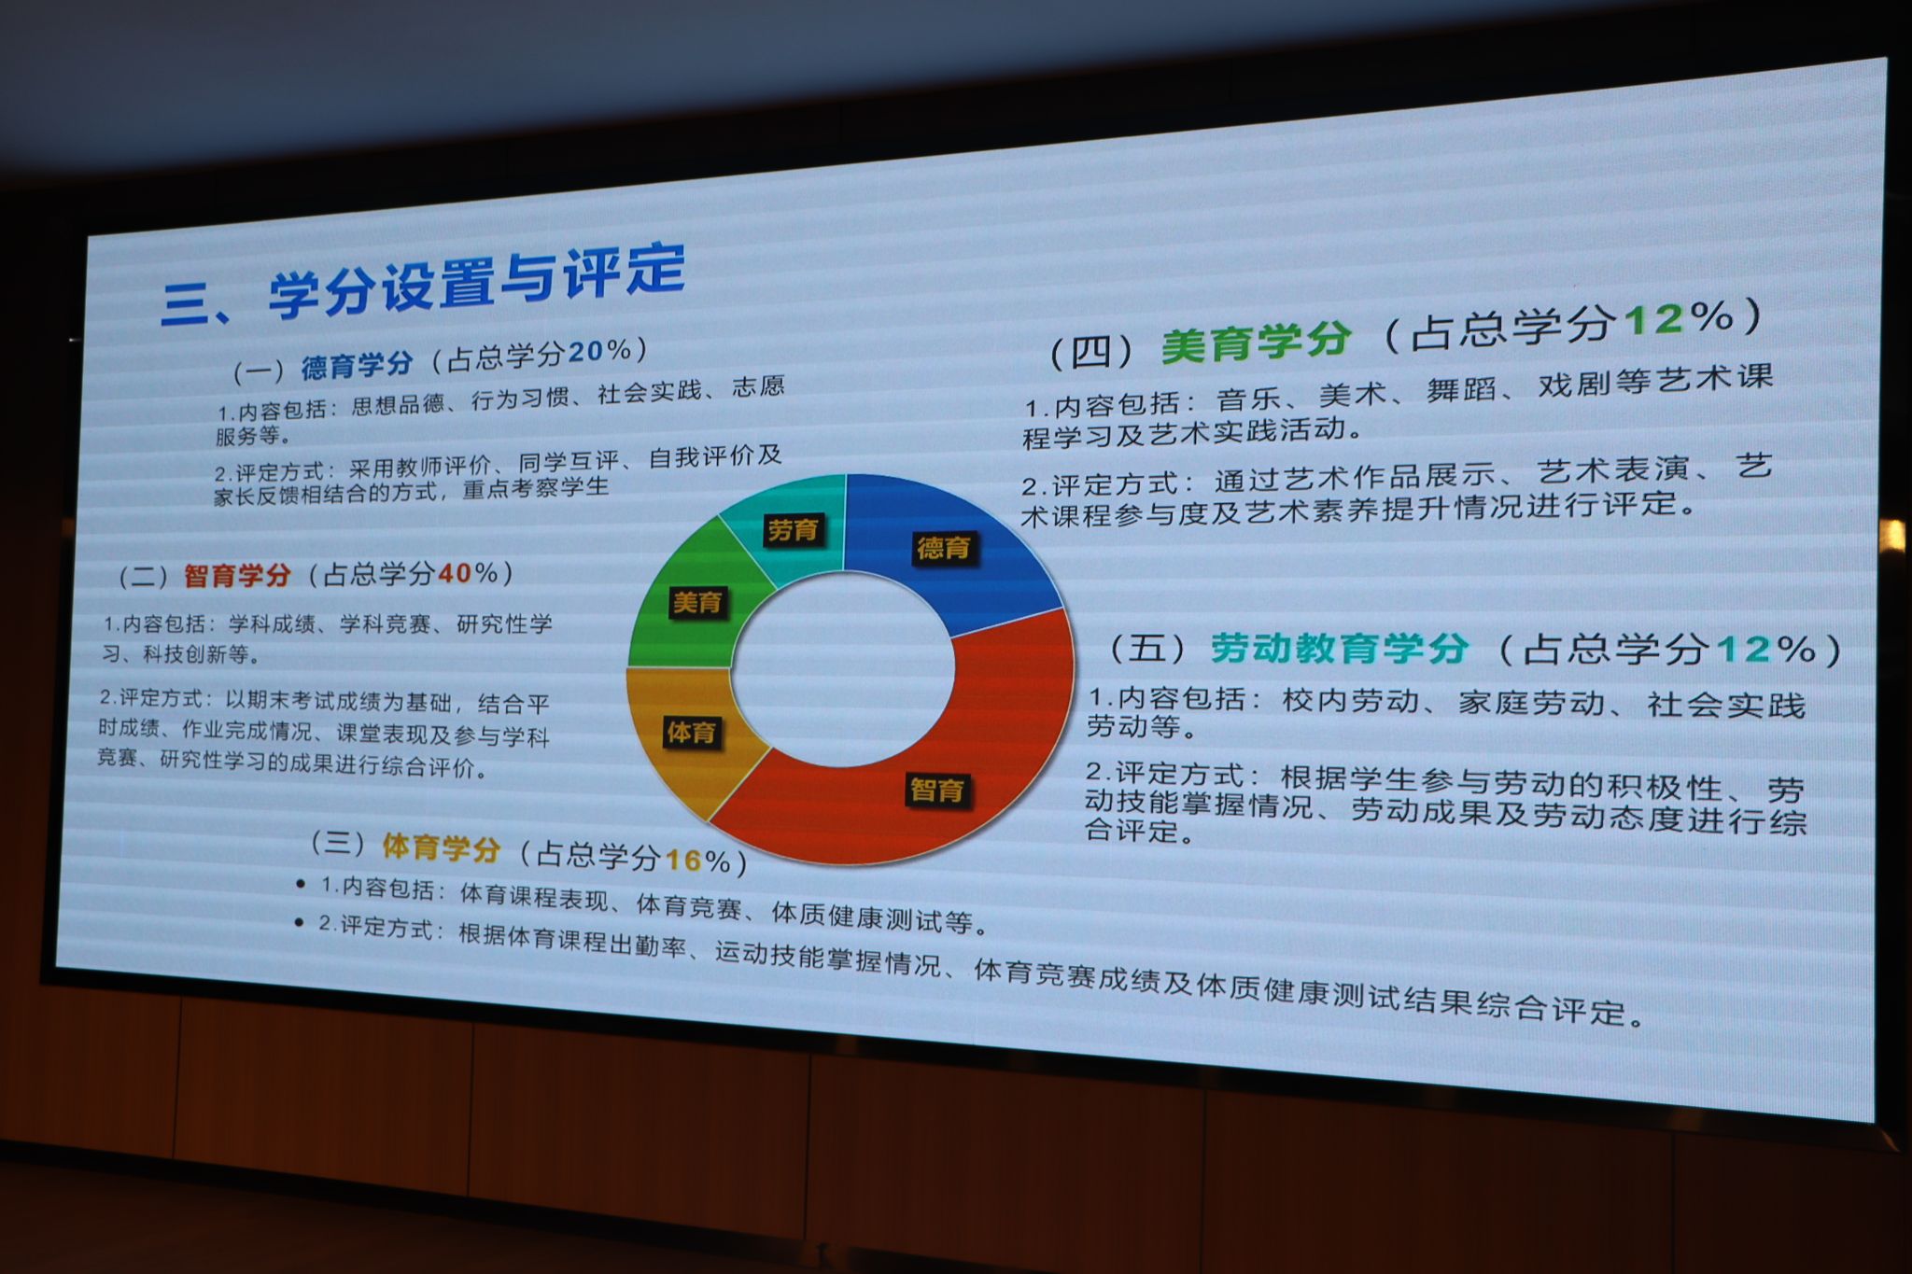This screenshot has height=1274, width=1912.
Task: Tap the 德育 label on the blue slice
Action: [944, 548]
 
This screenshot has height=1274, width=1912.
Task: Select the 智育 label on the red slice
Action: [937, 791]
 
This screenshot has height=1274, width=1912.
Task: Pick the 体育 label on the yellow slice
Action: [691, 733]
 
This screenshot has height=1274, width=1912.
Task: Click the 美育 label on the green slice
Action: [698, 603]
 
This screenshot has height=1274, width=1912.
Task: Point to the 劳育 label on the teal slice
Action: [793, 530]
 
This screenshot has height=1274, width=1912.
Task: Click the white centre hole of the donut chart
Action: [843, 668]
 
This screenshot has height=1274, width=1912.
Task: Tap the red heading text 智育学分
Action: [237, 575]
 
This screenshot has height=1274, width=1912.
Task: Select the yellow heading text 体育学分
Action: [442, 847]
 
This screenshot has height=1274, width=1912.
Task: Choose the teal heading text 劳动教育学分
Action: [1340, 649]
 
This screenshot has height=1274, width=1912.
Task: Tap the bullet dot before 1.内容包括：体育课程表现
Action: [300, 883]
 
